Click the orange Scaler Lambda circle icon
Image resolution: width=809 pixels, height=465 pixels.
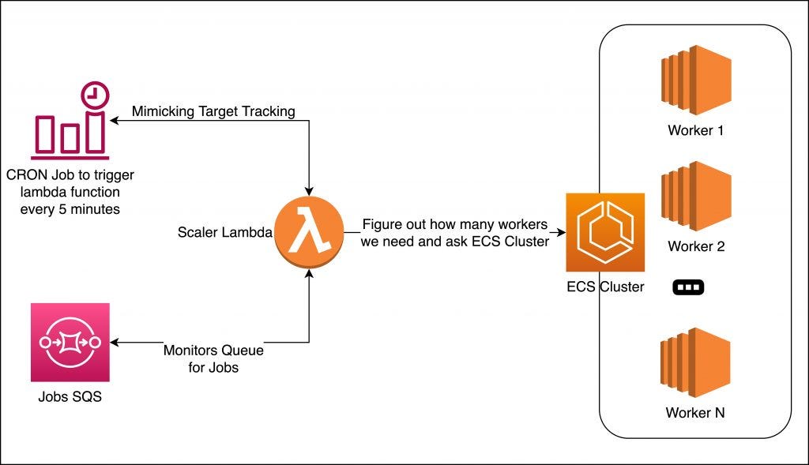(309, 233)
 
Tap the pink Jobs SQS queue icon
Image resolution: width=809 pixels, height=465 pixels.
(70, 343)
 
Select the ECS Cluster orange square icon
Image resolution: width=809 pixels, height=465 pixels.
(604, 232)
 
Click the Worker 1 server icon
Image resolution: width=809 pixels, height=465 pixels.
(695, 81)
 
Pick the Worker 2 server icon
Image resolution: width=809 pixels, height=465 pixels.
(695, 197)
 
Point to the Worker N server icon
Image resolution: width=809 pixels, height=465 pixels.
(695, 364)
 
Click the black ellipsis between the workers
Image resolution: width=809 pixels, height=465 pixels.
(687, 287)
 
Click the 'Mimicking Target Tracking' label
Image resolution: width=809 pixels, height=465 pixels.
(213, 111)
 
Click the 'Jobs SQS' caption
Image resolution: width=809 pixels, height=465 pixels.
(70, 396)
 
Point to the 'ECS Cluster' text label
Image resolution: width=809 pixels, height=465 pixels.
(605, 287)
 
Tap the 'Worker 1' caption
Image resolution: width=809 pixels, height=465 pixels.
(695, 130)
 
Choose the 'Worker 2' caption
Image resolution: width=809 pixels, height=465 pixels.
(695, 246)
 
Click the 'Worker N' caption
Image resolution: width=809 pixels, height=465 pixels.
(695, 413)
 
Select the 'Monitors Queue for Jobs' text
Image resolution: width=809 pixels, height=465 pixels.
(213, 358)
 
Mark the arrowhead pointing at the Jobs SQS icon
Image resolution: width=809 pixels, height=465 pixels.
(115, 343)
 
